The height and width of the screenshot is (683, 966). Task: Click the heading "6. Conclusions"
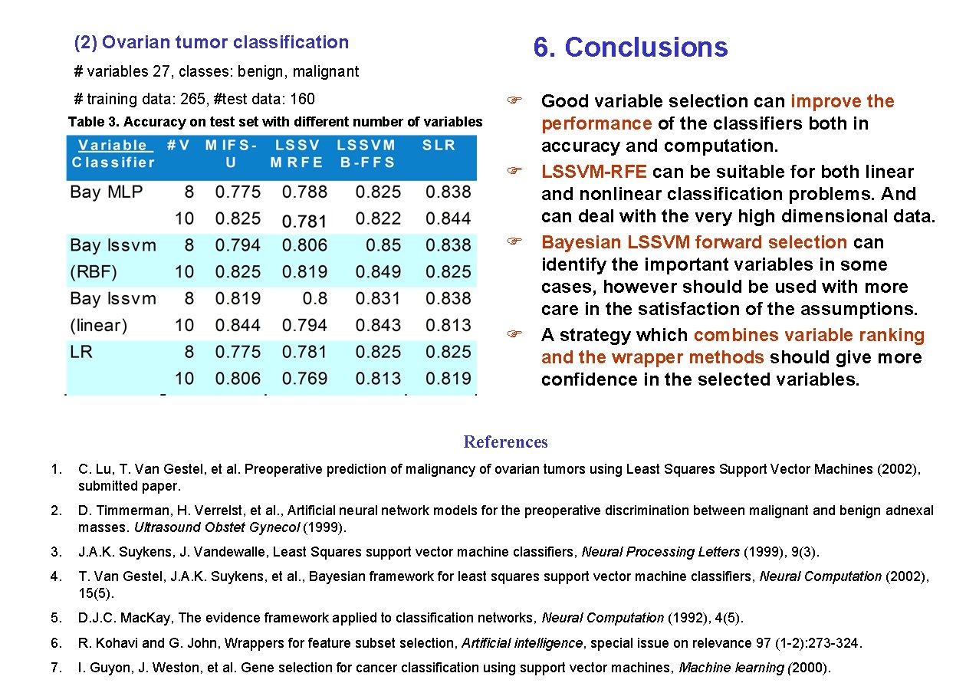tap(630, 48)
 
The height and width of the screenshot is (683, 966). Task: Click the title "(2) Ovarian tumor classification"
tap(211, 43)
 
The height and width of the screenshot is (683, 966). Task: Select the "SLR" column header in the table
tap(439, 145)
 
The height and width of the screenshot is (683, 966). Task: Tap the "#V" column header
tap(179, 145)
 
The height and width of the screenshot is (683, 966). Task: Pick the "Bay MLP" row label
tap(107, 192)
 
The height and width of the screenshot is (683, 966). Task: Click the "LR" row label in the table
tap(81, 352)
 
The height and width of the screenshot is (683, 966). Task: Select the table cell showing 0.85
tap(383, 245)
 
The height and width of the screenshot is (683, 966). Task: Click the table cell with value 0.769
tap(304, 379)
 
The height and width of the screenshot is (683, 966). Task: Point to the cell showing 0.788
tap(304, 192)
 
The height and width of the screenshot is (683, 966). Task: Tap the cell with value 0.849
tap(379, 272)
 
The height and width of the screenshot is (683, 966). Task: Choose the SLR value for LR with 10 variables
tap(449, 379)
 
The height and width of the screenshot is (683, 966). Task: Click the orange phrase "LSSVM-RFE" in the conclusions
tap(594, 172)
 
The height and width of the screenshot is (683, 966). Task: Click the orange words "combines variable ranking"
tap(809, 335)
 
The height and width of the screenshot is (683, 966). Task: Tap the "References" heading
tap(505, 442)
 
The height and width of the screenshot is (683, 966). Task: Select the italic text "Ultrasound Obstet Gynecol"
tap(217, 527)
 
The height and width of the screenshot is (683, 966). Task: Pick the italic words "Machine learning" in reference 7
tap(732, 668)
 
